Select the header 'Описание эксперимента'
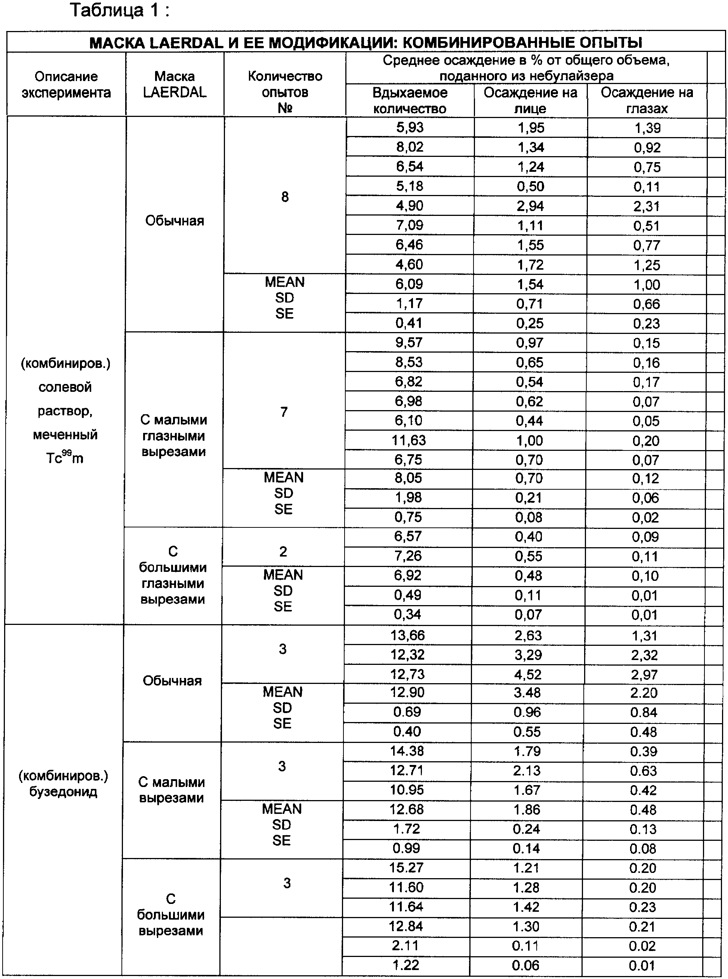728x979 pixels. click(66, 84)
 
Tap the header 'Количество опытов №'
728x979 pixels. click(285, 92)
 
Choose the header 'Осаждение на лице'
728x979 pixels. click(530, 100)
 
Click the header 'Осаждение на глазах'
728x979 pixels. click(647, 100)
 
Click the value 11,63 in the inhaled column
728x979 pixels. click(408, 440)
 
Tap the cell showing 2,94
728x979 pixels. click(530, 206)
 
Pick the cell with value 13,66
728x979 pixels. click(408, 635)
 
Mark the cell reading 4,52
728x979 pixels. click(528, 674)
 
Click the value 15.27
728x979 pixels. click(406, 868)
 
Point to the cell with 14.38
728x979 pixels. click(407, 751)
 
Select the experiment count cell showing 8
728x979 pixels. click(285, 197)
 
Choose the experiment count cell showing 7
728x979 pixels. click(284, 412)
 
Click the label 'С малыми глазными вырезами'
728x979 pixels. click(174, 436)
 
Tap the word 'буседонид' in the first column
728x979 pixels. click(64, 792)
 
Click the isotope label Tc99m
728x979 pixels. click(65, 458)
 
